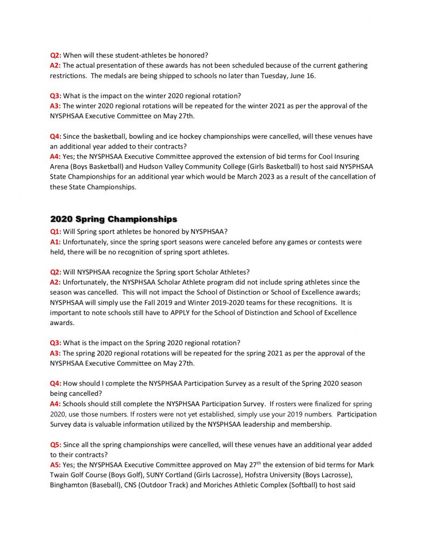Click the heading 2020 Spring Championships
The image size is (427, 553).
coord(113,219)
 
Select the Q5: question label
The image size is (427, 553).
coord(56,444)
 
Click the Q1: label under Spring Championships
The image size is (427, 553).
coord(56,232)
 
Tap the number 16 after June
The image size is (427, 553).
coord(310,76)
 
